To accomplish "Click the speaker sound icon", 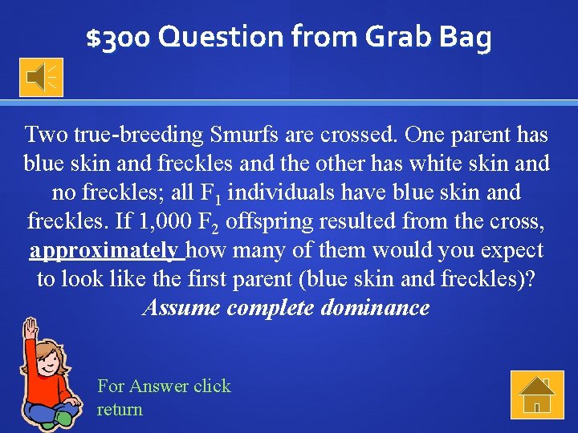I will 41,77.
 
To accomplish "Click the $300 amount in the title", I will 119,38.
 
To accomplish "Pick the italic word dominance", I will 375,308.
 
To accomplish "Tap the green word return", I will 120,409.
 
